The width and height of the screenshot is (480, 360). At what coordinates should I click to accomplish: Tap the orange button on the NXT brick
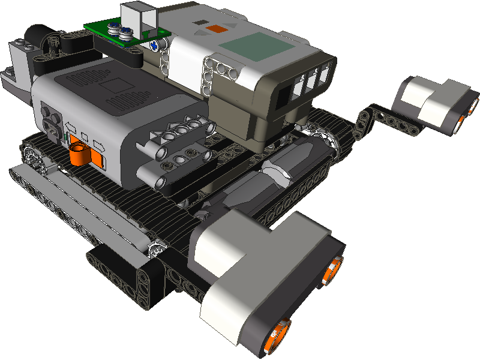(x=216, y=28)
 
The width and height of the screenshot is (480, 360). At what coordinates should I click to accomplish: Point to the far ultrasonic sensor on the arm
(x=435, y=102)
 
